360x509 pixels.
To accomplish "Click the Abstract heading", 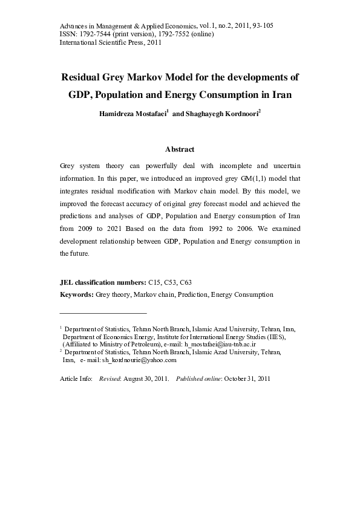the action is coord(180,149).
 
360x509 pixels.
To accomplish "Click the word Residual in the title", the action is coord(85,78).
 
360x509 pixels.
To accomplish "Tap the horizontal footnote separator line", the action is coord(103,313).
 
